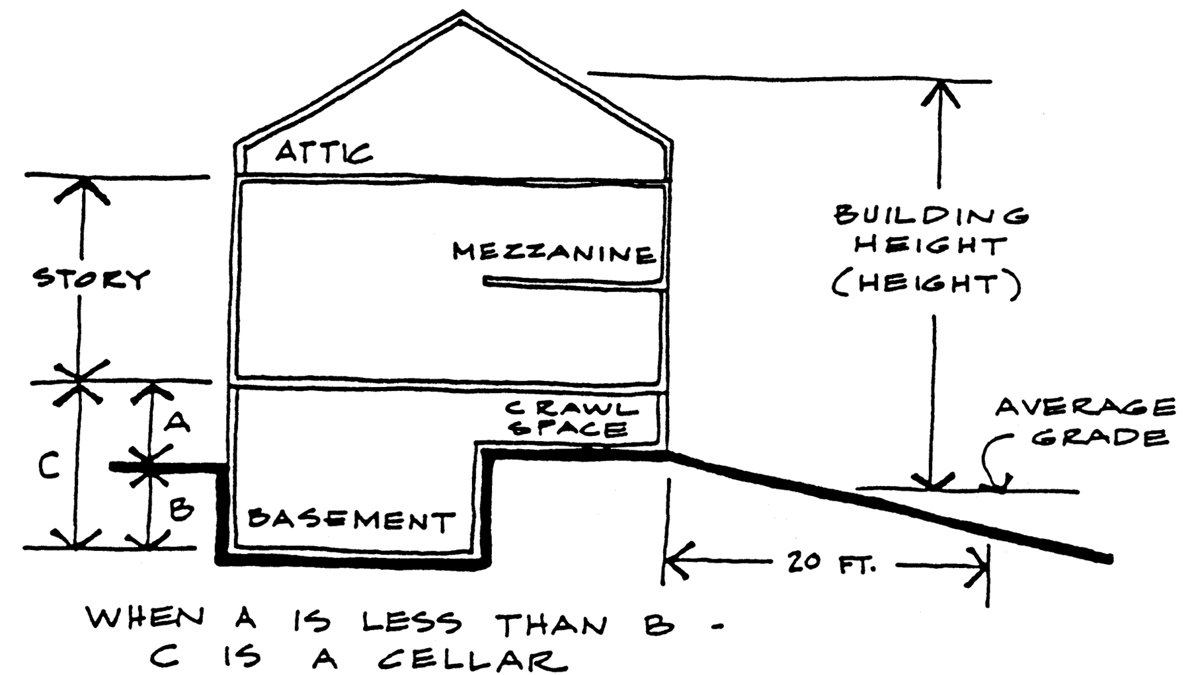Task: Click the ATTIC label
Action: [x=323, y=153]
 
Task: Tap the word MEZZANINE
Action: [x=554, y=253]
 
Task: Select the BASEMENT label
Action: [x=351, y=520]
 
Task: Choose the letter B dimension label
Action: [x=180, y=509]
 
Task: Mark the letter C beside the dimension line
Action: [x=50, y=466]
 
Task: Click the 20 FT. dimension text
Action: [x=831, y=563]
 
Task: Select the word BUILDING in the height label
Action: [x=932, y=215]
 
